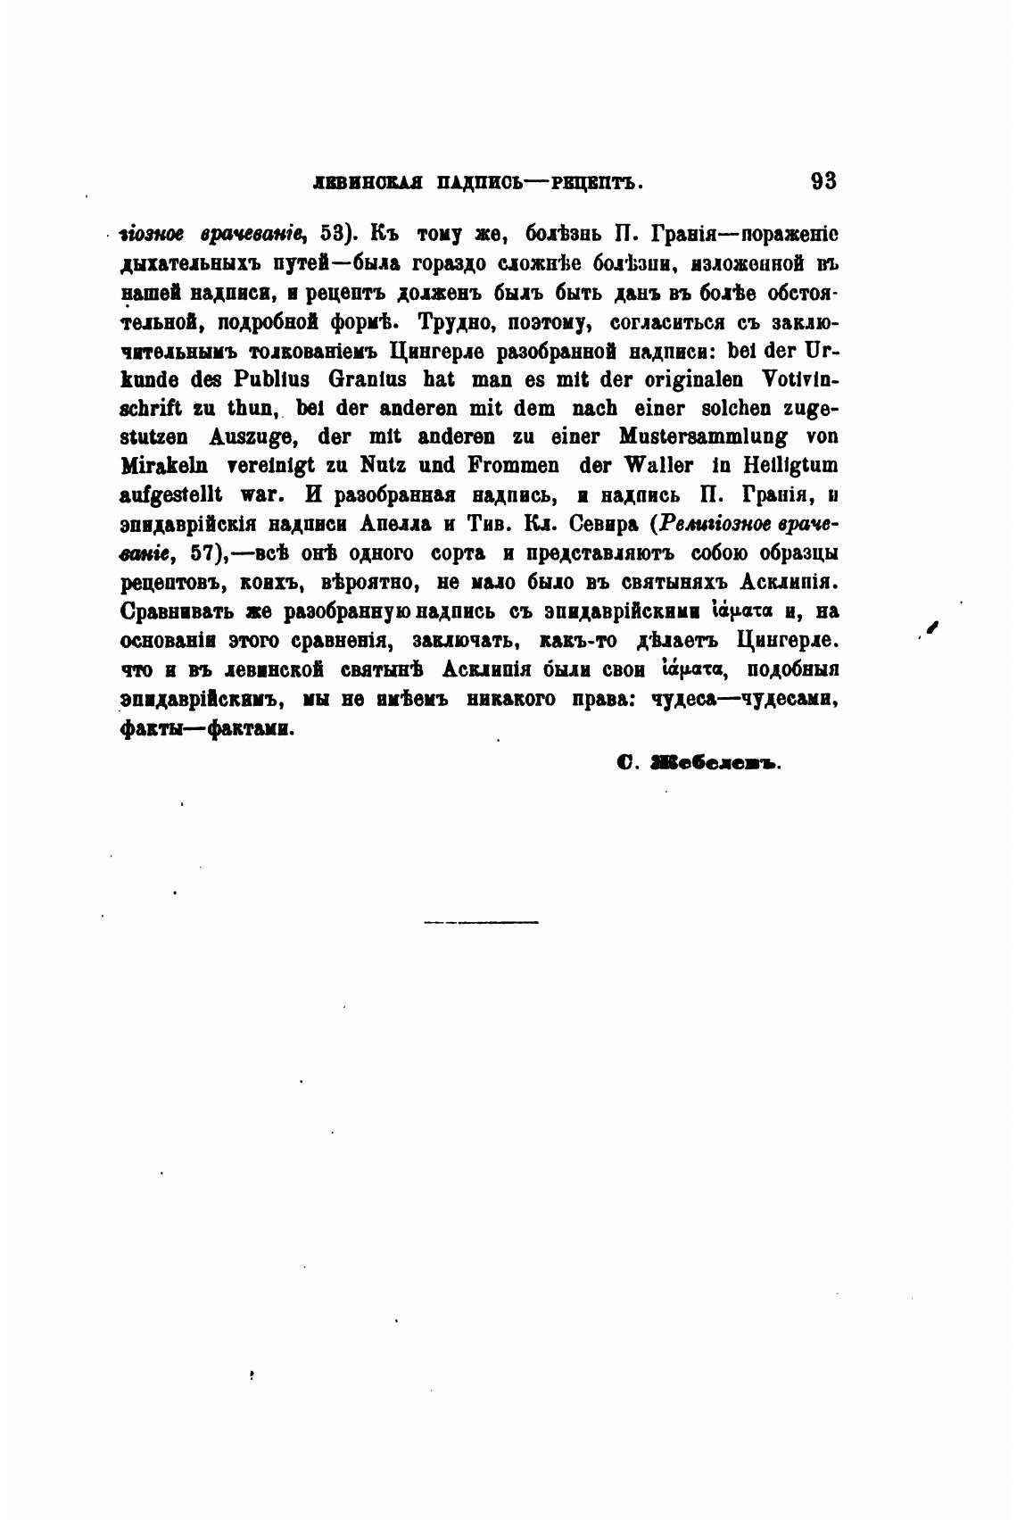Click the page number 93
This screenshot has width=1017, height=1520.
click(x=823, y=181)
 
